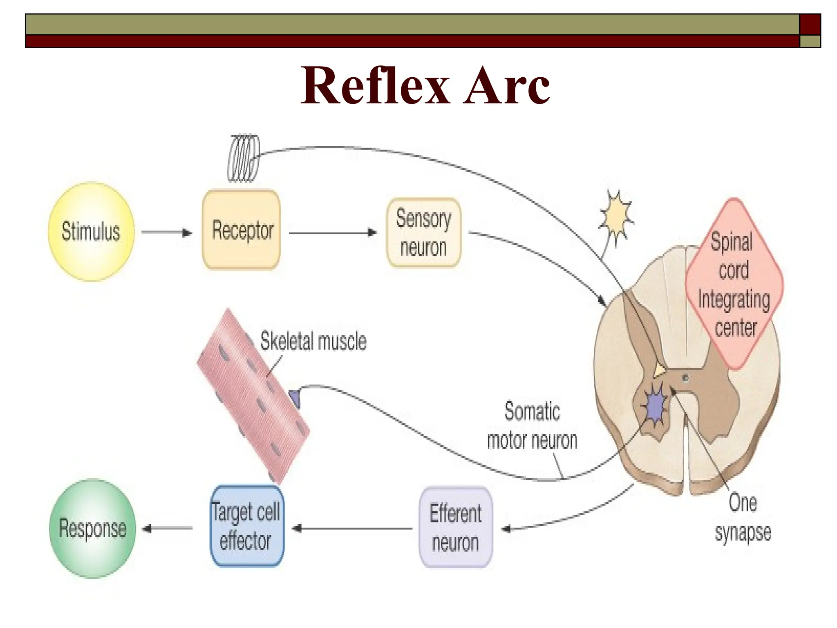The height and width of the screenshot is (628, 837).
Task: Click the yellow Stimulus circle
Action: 91,231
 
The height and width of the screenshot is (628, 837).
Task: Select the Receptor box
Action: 242,230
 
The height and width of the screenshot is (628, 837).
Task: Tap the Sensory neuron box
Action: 423,233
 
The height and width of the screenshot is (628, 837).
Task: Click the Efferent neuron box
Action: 456,527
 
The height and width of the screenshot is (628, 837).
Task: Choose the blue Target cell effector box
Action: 246,526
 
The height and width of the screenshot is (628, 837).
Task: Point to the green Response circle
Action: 92,528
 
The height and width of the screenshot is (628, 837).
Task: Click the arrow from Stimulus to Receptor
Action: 167,233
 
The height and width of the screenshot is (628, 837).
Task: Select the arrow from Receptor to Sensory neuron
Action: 333,233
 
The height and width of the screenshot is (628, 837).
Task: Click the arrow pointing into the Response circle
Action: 168,528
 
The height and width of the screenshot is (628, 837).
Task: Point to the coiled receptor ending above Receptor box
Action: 244,158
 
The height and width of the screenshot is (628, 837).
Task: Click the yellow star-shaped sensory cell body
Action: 616,217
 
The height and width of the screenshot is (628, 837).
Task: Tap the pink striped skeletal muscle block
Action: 253,397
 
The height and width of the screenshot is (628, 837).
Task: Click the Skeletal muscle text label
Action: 313,341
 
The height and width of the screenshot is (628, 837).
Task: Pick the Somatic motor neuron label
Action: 532,426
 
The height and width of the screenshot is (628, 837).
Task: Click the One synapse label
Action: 743,518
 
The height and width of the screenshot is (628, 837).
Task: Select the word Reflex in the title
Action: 375,86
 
